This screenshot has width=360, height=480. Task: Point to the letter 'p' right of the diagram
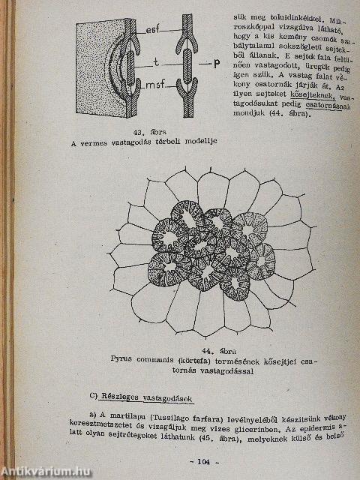point(215,63)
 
